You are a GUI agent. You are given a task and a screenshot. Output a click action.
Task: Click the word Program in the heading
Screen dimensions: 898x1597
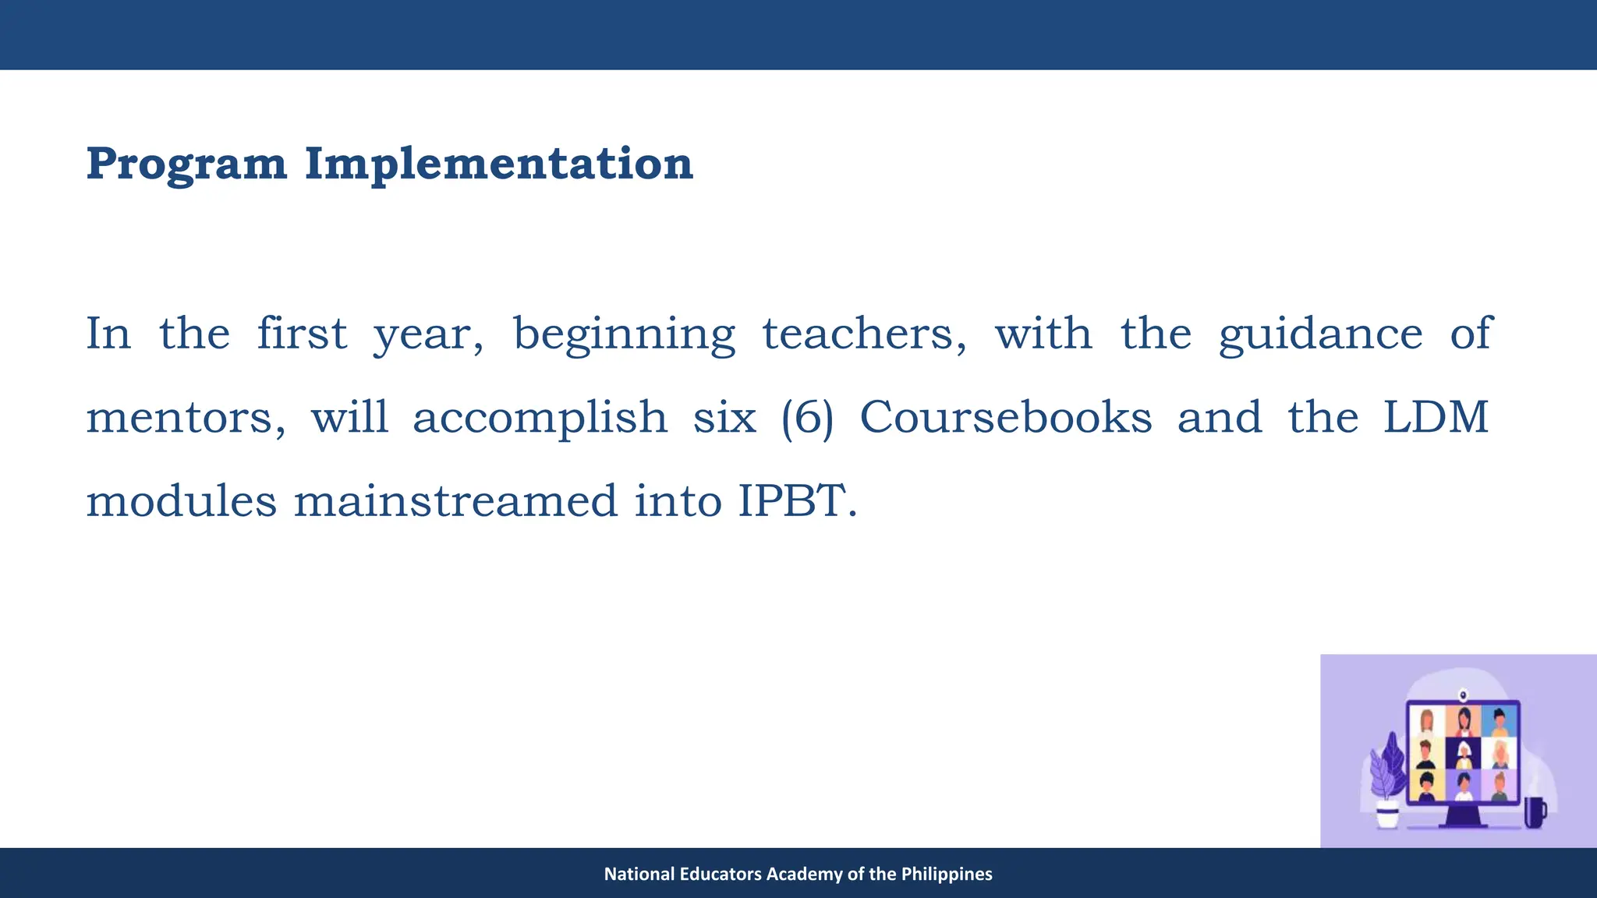(186, 164)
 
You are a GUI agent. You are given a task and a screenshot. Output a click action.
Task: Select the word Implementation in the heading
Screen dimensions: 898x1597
(498, 164)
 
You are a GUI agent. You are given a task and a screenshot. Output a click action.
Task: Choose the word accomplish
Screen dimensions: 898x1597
(540, 418)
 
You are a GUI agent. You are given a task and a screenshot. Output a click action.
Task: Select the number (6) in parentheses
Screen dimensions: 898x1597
(807, 418)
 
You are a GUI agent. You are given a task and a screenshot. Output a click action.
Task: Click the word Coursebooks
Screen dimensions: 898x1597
(1005, 418)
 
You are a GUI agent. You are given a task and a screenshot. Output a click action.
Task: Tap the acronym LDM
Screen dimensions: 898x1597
(1436, 418)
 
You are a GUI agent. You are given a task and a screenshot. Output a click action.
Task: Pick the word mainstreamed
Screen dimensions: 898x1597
(455, 501)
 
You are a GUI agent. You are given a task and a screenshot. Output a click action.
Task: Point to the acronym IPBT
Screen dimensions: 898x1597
(797, 501)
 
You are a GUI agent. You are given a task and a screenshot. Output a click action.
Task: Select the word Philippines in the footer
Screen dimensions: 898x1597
(947, 874)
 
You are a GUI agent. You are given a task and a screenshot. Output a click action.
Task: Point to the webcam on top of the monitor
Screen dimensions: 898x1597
(1463, 693)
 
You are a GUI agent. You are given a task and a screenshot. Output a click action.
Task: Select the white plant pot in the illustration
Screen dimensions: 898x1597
(1387, 815)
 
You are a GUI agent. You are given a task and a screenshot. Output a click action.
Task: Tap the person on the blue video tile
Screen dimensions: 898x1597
(1499, 722)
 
